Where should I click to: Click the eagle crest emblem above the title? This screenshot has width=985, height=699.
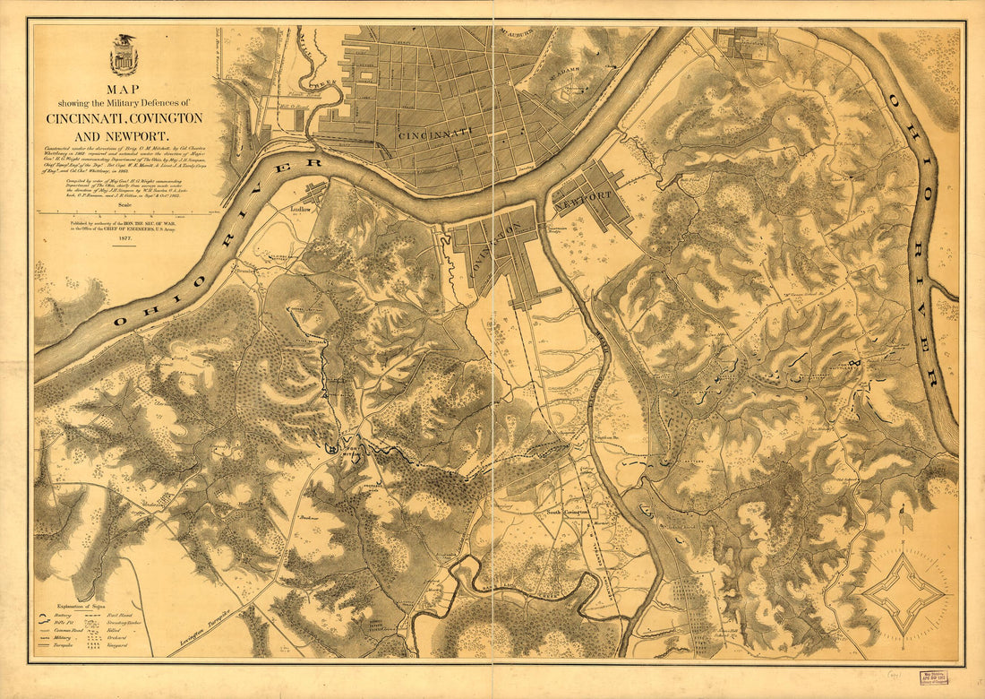[x=124, y=56]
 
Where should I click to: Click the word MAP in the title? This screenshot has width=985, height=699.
[x=122, y=91]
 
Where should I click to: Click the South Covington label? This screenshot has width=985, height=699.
[x=569, y=511]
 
